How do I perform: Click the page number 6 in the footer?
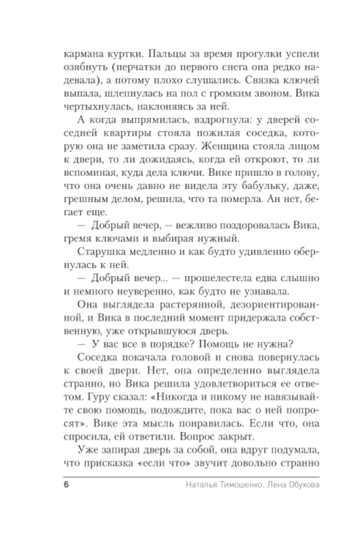click(x=66, y=485)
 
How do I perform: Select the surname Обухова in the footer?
click(x=304, y=485)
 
